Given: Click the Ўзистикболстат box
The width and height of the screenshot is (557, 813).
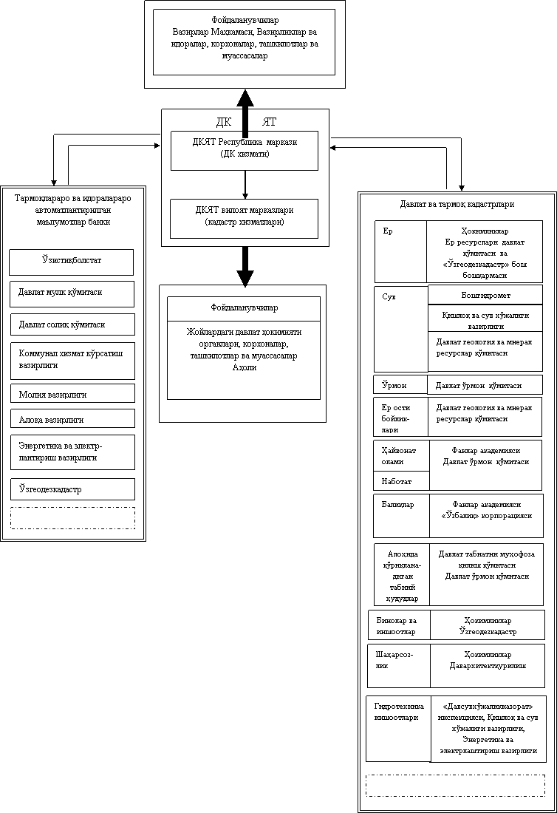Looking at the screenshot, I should click(x=71, y=262).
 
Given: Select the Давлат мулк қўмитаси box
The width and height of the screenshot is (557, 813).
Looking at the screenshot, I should click(x=72, y=293).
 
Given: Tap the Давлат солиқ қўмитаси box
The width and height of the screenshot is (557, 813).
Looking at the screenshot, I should click(x=72, y=324).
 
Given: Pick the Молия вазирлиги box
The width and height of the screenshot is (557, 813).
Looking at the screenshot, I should click(x=72, y=394).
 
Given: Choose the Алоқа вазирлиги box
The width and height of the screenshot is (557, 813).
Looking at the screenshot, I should click(x=72, y=419).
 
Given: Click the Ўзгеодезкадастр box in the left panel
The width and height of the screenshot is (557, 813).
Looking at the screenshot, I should click(x=72, y=489).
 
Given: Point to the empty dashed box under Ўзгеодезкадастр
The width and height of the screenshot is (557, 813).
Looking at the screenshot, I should click(x=72, y=517).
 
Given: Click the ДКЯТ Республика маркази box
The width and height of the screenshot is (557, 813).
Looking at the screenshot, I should click(x=245, y=150).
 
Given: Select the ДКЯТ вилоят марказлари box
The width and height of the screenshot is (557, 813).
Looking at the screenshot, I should click(x=245, y=217).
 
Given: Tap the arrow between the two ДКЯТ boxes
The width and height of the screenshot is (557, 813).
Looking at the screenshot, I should click(x=245, y=184).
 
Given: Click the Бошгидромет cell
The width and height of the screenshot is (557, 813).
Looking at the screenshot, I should click(x=485, y=295).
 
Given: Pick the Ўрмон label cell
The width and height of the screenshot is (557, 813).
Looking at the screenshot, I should click(x=400, y=385).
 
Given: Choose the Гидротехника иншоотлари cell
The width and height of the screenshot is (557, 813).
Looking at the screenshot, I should click(x=397, y=728).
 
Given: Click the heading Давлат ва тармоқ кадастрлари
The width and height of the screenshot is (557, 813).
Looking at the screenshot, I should click(x=456, y=204).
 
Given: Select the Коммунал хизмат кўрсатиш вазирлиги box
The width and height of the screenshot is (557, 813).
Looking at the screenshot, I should click(x=72, y=360).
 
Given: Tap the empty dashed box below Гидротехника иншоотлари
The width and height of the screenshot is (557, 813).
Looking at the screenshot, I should click(x=455, y=785).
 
